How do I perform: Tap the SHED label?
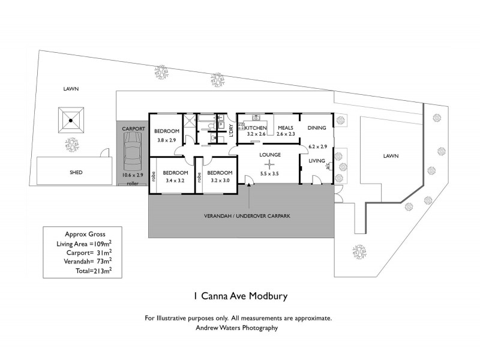click(75, 172)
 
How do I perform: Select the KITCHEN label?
click(256, 128)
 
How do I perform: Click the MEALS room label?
click(285, 128)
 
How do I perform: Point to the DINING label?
click(317, 128)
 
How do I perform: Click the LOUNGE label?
click(270, 154)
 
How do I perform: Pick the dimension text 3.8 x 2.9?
click(166, 140)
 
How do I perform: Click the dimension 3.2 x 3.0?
click(218, 179)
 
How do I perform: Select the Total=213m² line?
click(83, 271)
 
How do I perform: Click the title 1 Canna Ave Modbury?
click(240, 296)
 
